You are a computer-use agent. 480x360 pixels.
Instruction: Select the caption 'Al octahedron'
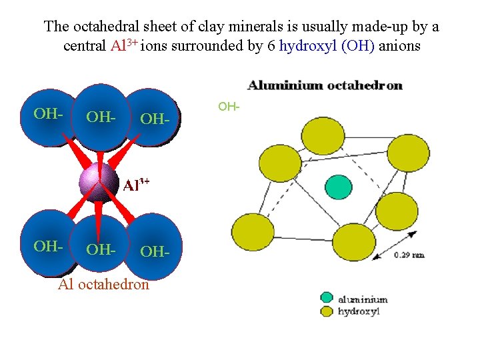click(x=103, y=285)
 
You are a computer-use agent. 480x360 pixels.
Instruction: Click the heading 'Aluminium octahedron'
click(x=325, y=85)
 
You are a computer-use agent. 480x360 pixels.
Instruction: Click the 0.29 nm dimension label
click(x=409, y=254)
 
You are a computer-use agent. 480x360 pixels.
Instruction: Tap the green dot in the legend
click(x=326, y=298)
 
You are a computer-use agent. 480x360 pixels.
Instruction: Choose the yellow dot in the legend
click(x=326, y=310)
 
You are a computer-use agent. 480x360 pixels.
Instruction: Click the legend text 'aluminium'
click(x=363, y=299)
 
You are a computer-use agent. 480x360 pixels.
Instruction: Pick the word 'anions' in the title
click(x=400, y=47)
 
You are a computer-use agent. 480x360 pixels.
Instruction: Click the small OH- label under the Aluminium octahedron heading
click(x=229, y=106)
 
